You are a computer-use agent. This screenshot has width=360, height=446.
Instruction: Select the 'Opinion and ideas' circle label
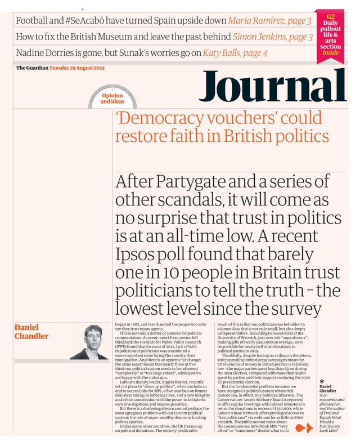pyautogui.click(x=112, y=99)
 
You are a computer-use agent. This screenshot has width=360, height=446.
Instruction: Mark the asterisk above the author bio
pyautogui.click(x=321, y=381)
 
